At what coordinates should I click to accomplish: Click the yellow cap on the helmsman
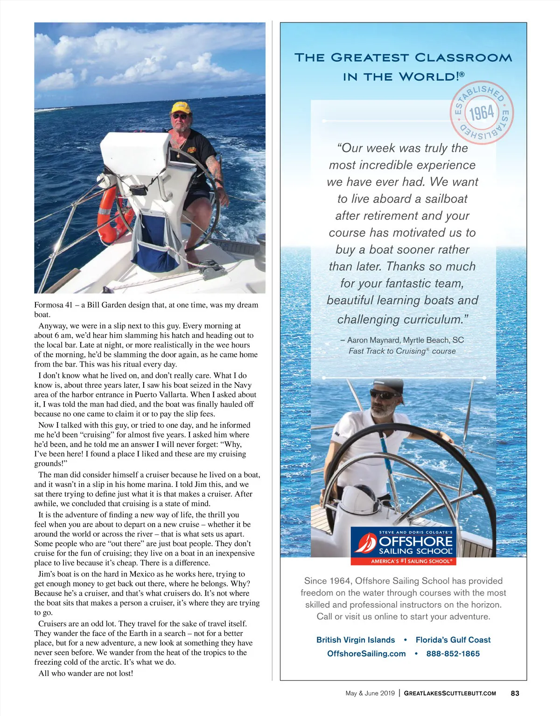tap(181, 107)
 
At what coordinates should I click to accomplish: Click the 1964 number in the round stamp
tap(482, 113)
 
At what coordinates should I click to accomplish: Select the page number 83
tap(515, 693)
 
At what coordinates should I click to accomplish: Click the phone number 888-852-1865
tap(453, 653)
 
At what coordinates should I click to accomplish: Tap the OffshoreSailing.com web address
tap(366, 653)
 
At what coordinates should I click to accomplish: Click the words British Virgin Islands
tap(356, 640)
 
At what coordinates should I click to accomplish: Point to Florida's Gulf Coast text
tap(453, 640)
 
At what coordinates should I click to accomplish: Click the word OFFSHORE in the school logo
tap(415, 541)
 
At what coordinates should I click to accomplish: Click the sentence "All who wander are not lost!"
tap(86, 673)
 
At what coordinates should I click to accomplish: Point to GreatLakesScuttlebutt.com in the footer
tap(449, 693)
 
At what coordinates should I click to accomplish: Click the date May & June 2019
tap(370, 693)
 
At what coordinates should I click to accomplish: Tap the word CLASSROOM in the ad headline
tap(463, 58)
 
